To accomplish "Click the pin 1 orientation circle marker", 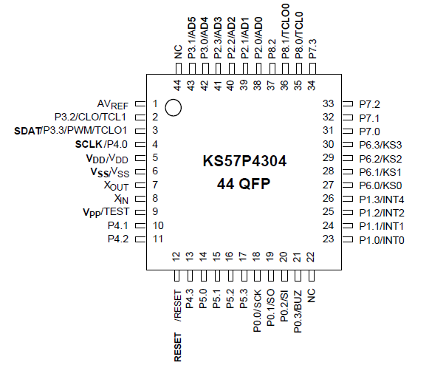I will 174,107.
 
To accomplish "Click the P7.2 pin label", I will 369,104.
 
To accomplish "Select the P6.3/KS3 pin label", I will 380,145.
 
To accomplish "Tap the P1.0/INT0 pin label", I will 382,239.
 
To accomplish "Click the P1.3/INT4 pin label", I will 382,199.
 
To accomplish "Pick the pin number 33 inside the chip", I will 329,104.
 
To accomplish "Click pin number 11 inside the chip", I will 158,239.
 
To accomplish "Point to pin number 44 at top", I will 178,85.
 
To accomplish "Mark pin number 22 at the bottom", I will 311,257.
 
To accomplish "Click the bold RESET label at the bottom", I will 178,347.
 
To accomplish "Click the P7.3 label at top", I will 312,48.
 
